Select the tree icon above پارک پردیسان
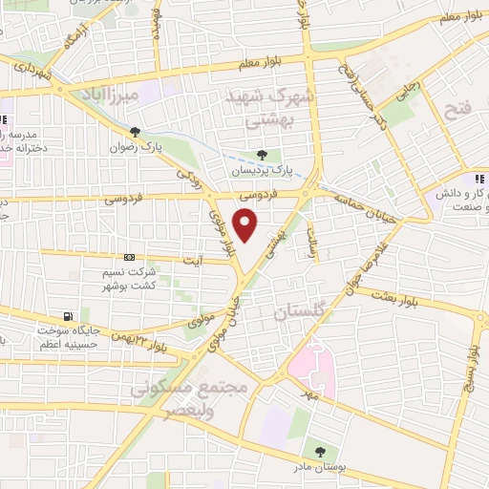[263, 155]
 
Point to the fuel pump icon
[66, 316]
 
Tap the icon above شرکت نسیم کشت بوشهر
[130, 258]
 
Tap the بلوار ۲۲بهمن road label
[151, 344]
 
